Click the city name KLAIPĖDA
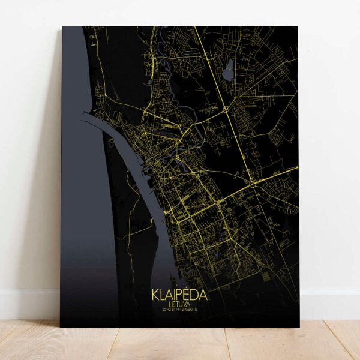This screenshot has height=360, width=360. (x=179, y=296)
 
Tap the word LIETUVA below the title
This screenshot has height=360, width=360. (x=179, y=304)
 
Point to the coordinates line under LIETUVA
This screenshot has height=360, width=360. (x=179, y=310)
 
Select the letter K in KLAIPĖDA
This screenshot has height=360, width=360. (x=155, y=296)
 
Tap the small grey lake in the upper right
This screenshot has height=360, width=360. (x=229, y=73)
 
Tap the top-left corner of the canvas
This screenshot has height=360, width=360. (x=62, y=26)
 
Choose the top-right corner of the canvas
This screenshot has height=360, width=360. (x=298, y=26)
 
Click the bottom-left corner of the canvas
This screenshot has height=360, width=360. (x=60, y=326)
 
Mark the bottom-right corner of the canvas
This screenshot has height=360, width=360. (x=298, y=327)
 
